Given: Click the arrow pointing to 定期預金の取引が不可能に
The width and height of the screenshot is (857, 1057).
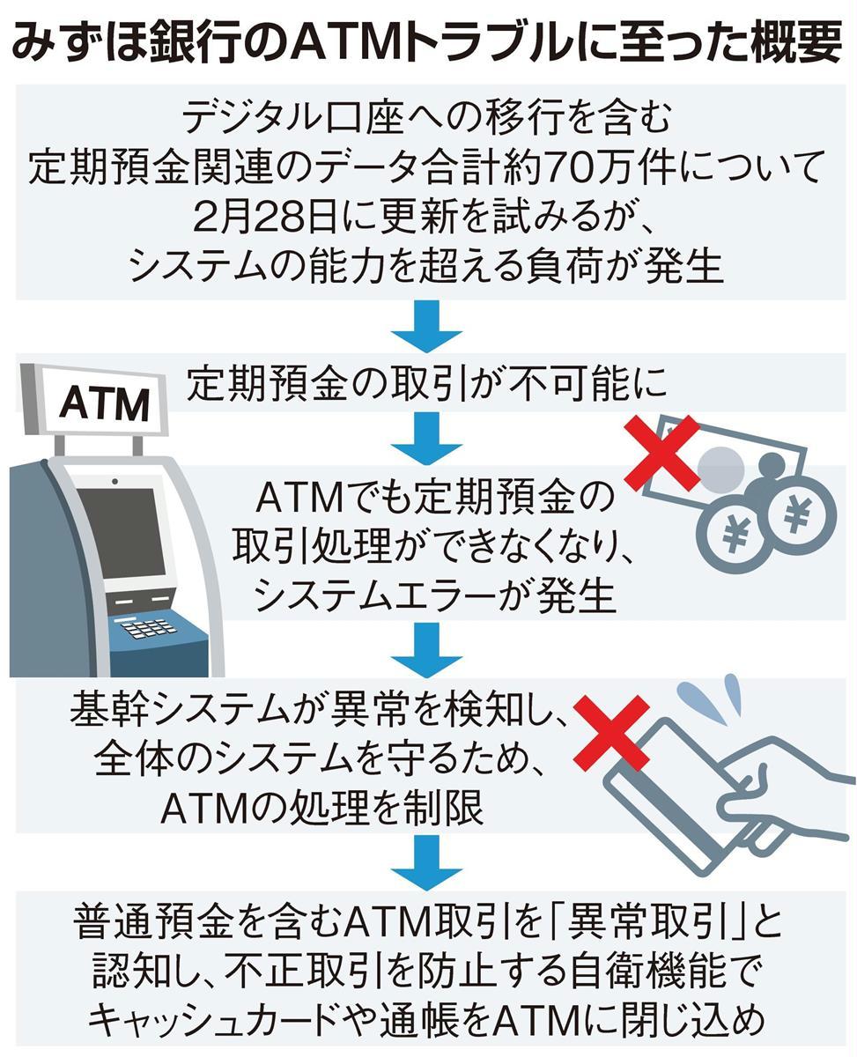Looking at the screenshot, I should click(x=427, y=327).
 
